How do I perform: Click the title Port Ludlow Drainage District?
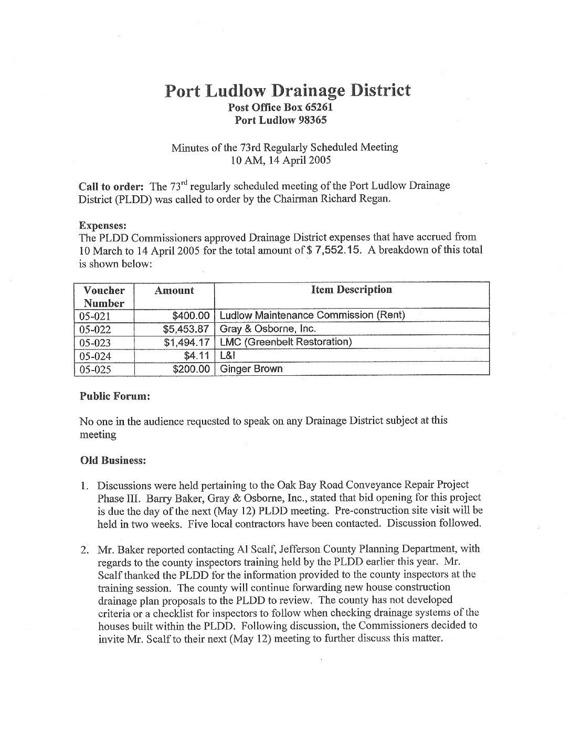pos(287,90)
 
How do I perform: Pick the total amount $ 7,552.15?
pos(334,250)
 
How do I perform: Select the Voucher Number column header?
pos(104,297)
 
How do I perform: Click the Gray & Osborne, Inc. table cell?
pos(268,329)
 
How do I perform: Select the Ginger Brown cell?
pos(251,369)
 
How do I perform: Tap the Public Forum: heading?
pos(115,396)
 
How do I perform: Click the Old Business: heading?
pos(112,460)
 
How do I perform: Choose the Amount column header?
pos(174,291)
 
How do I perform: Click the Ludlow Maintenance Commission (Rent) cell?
pos(312,315)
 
